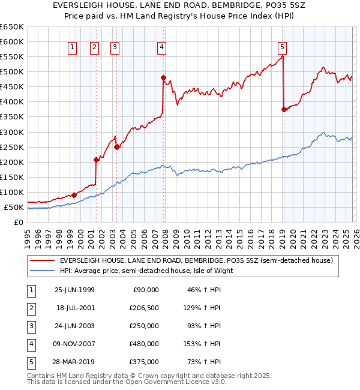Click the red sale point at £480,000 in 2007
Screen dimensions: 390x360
coord(163,77)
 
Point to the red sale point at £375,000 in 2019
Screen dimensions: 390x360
coord(283,109)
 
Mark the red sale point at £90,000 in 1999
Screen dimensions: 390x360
coord(74,195)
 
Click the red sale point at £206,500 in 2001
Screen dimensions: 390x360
coord(96,160)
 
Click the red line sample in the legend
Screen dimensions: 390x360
coord(42,260)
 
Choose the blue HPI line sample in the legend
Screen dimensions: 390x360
coord(42,271)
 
